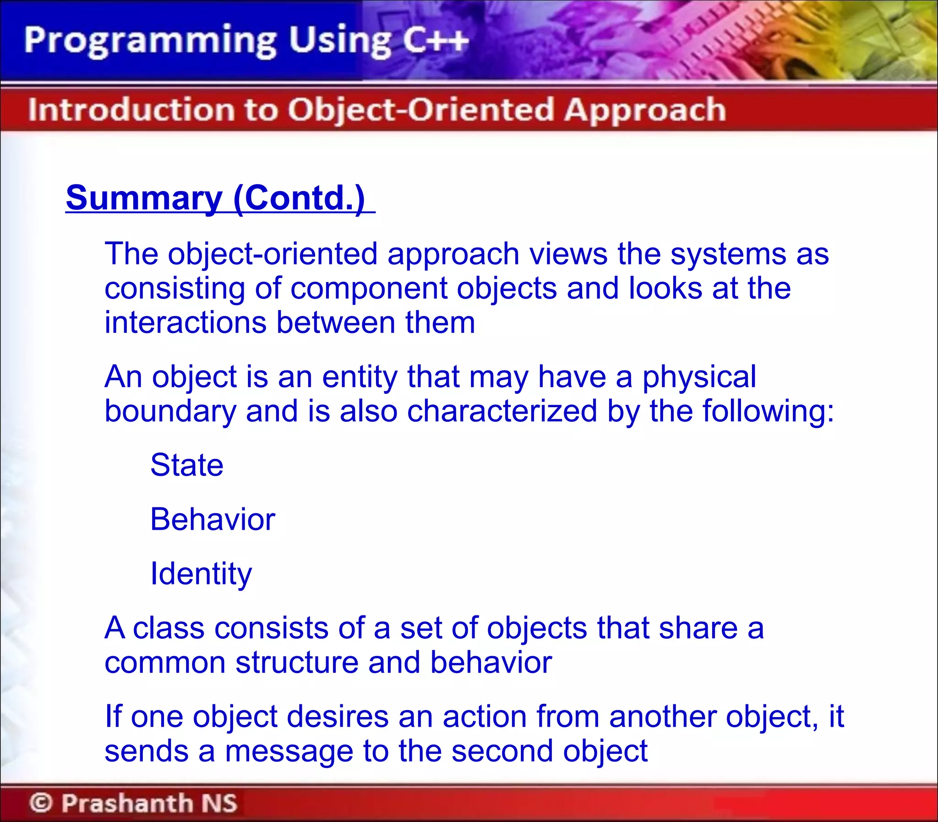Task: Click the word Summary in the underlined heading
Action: (143, 198)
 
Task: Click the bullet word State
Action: (187, 465)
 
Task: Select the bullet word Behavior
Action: (213, 520)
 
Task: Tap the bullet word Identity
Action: (201, 574)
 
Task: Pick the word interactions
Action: (185, 322)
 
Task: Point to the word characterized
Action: (502, 411)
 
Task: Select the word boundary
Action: (170, 411)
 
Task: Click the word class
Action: (169, 628)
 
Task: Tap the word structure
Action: (296, 663)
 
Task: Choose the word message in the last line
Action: (289, 751)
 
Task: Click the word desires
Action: (337, 717)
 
